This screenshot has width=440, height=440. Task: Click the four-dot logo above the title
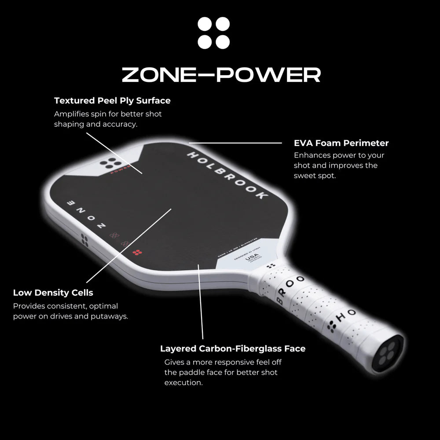(x=214, y=33)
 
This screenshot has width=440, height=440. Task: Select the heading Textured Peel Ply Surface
(x=112, y=100)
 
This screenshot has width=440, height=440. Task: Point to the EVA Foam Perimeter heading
(x=341, y=143)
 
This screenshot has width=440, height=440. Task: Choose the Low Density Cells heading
(x=53, y=293)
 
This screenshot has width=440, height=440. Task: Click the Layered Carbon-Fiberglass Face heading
(x=233, y=348)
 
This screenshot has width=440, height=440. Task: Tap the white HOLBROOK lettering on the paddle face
(x=227, y=176)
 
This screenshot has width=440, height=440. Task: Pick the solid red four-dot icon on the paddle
(x=137, y=253)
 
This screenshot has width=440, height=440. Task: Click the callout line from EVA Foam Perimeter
(x=235, y=143)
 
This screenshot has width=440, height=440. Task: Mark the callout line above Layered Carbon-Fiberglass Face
(x=202, y=304)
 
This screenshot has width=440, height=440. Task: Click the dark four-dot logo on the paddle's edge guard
(x=84, y=241)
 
